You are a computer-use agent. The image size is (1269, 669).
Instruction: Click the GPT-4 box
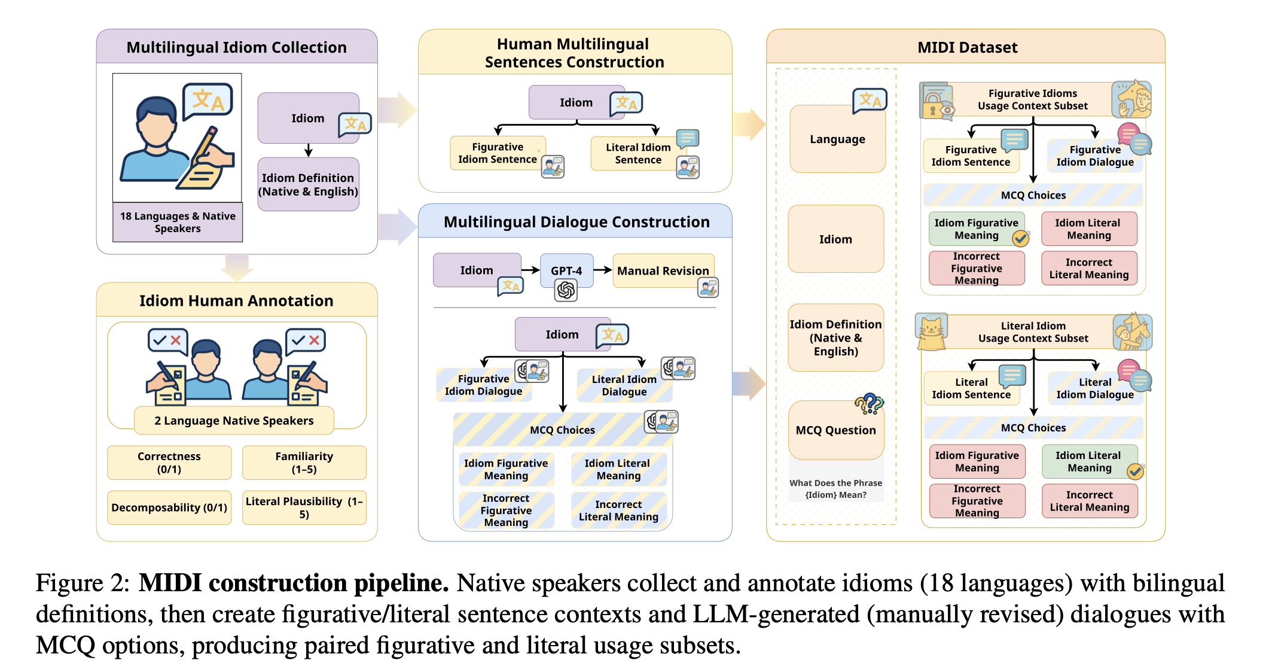click(566, 270)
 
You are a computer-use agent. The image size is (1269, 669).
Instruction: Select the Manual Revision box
click(663, 270)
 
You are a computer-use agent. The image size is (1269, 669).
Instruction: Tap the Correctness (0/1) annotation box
click(169, 463)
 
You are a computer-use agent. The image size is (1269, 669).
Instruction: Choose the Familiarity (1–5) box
click(304, 463)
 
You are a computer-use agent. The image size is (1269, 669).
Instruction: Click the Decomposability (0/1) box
click(169, 507)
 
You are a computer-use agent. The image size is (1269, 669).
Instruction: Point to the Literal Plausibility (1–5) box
click(304, 507)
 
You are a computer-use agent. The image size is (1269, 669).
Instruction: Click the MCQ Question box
click(836, 430)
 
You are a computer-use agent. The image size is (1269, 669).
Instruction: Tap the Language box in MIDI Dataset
click(837, 139)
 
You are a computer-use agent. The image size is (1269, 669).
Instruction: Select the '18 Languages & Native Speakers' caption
click(178, 222)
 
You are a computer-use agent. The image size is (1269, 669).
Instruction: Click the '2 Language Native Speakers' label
click(234, 421)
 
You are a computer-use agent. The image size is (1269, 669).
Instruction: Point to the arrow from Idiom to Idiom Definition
click(309, 150)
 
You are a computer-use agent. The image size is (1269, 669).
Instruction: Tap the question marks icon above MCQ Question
click(870, 404)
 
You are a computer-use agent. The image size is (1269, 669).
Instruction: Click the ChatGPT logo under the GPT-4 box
click(566, 291)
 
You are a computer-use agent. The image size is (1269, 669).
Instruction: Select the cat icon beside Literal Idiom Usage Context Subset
click(931, 331)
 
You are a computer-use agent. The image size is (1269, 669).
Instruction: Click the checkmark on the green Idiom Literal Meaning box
click(1135, 472)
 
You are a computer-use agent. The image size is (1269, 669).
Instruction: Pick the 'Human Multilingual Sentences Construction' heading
click(574, 53)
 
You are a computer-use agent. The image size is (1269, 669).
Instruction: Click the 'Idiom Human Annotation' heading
click(236, 300)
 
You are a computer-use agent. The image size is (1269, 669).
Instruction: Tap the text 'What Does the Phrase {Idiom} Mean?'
click(835, 489)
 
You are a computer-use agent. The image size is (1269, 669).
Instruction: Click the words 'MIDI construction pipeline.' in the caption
click(294, 583)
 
